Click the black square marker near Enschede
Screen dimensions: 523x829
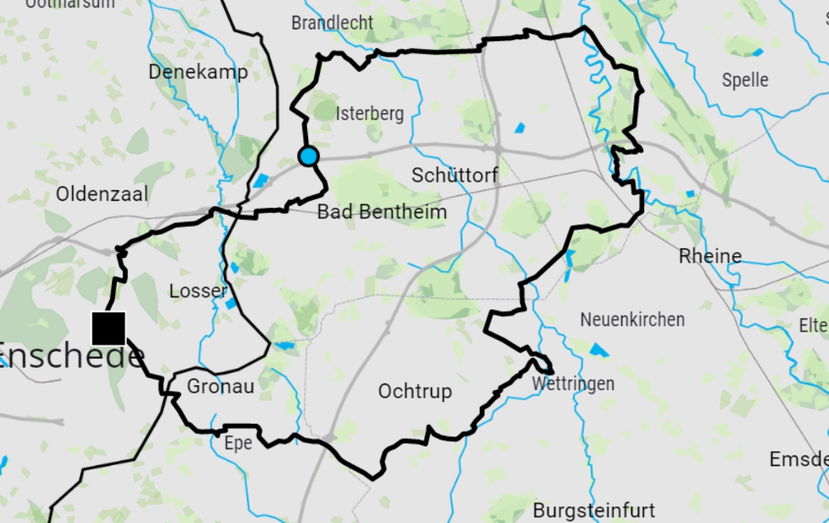pyautogui.click(x=108, y=328)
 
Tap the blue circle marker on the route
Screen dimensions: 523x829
pyautogui.click(x=308, y=156)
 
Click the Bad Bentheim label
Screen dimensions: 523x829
pyautogui.click(x=382, y=212)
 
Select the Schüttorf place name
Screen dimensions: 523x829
pyautogui.click(x=455, y=175)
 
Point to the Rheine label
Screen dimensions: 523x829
pyautogui.click(x=710, y=255)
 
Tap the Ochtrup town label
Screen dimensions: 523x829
pyautogui.click(x=415, y=391)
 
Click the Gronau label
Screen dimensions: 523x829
pyautogui.click(x=221, y=386)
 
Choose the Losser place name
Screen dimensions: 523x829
pyautogui.click(x=198, y=291)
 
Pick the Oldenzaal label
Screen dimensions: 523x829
pyautogui.click(x=102, y=194)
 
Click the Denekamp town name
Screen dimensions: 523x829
pyautogui.click(x=198, y=72)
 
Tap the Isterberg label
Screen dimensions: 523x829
pyautogui.click(x=369, y=113)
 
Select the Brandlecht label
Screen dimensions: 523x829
pyautogui.click(x=332, y=23)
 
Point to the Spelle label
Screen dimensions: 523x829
pyautogui.click(x=745, y=80)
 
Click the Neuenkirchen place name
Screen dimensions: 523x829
pyautogui.click(x=632, y=320)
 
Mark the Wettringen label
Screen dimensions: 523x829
pyautogui.click(x=573, y=384)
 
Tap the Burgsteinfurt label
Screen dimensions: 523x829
pyautogui.click(x=594, y=510)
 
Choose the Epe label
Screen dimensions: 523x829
pyautogui.click(x=238, y=443)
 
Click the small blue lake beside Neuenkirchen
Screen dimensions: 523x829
pyautogui.click(x=599, y=350)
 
